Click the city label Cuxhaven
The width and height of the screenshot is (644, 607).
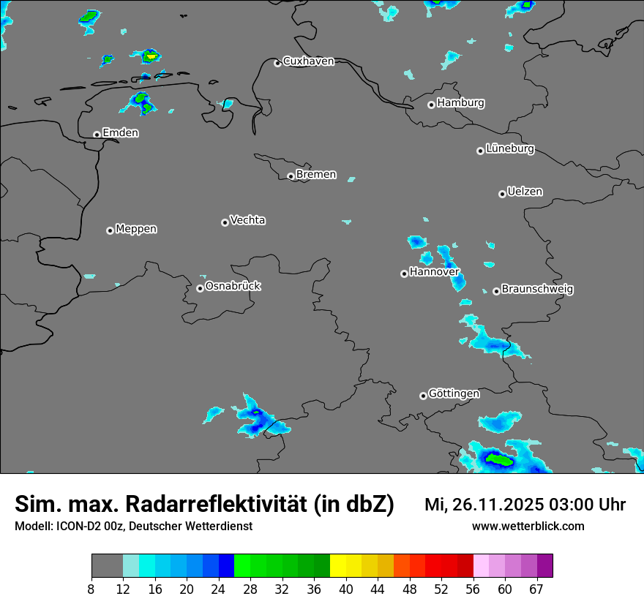(308, 61)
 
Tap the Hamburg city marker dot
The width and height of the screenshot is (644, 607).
(431, 105)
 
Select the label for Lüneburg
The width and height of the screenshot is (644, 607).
(510, 148)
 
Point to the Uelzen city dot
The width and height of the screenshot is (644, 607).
(502, 194)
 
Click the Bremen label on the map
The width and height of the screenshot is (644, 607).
(316, 175)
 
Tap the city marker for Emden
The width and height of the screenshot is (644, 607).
(97, 135)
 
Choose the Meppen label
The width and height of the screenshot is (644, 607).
(136, 229)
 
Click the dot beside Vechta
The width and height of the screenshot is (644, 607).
(225, 222)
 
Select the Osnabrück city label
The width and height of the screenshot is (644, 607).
(233, 286)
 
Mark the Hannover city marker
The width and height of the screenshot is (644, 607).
(404, 274)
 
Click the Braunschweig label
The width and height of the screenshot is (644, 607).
(537, 289)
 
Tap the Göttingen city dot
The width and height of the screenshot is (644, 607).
(423, 396)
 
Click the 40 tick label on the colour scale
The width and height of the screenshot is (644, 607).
(345, 589)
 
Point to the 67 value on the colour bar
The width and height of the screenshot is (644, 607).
(536, 589)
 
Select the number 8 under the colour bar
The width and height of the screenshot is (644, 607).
(91, 589)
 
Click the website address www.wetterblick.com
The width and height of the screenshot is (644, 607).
(528, 526)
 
